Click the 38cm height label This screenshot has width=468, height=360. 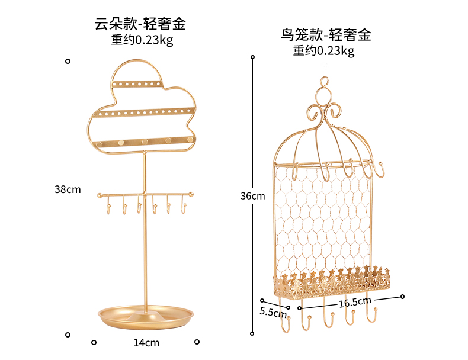click(68, 190)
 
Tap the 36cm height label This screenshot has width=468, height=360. click(253, 196)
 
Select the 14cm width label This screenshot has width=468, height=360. click(146, 342)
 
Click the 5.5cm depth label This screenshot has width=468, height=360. click(273, 311)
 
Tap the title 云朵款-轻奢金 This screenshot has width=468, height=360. click(140, 24)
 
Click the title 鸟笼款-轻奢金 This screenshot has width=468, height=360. click(326, 35)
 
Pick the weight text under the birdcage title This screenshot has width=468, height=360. click(324, 51)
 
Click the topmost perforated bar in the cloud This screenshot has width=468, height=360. click(139, 85)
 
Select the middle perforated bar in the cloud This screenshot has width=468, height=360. click(144, 111)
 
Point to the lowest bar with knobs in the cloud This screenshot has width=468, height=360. click(144, 142)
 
